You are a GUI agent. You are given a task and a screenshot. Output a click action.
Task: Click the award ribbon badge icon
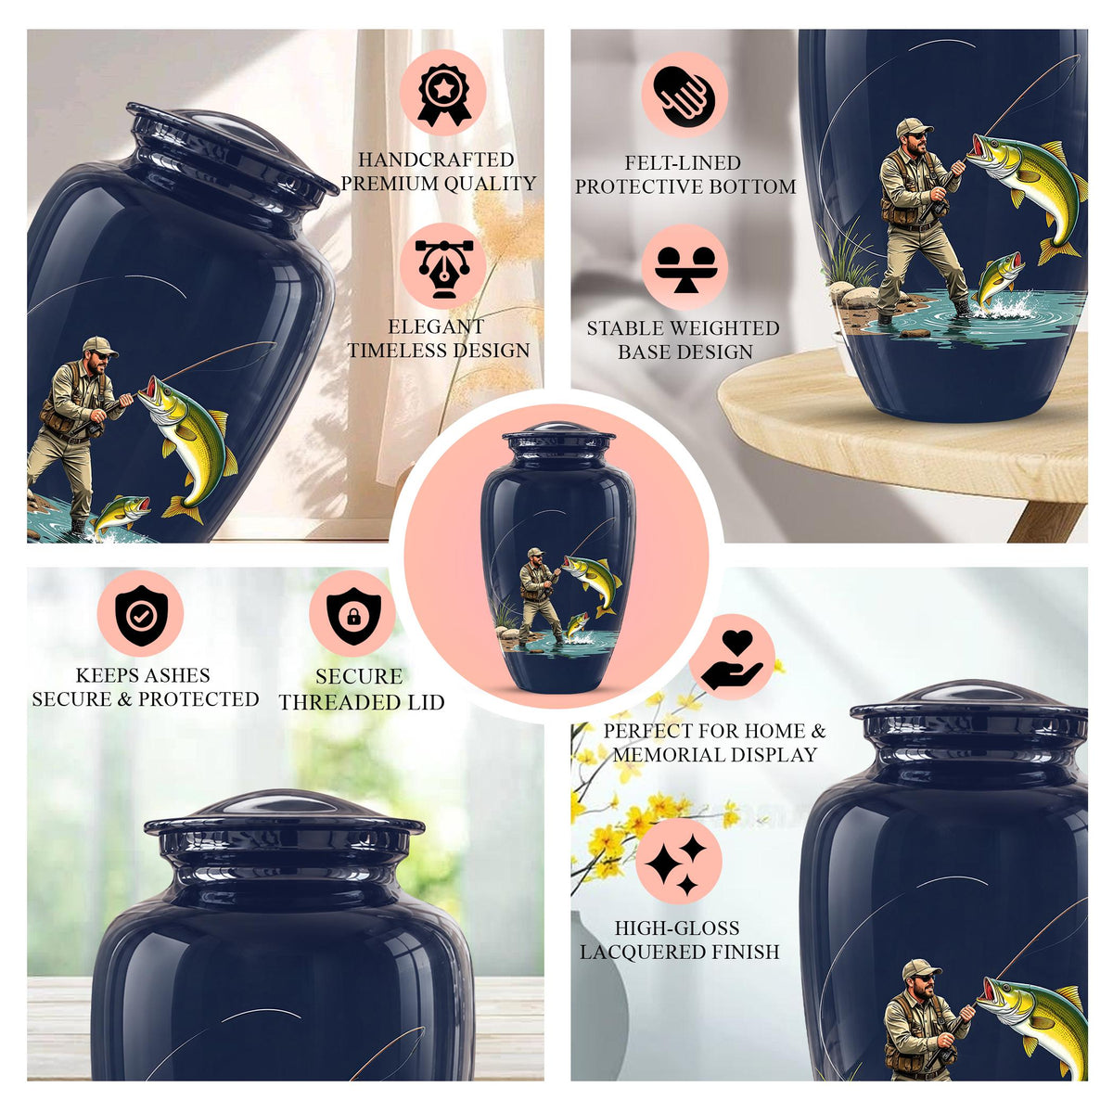[443, 95]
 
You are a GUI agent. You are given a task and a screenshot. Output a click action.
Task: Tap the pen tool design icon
[443, 268]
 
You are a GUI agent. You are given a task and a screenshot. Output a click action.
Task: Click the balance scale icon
[684, 269]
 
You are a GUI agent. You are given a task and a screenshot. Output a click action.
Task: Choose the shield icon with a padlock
[352, 616]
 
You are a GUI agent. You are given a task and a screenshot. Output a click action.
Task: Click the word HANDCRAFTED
[436, 160]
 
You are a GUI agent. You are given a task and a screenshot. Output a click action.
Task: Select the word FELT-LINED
[683, 163]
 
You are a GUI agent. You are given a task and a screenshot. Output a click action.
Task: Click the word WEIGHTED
[722, 328]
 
